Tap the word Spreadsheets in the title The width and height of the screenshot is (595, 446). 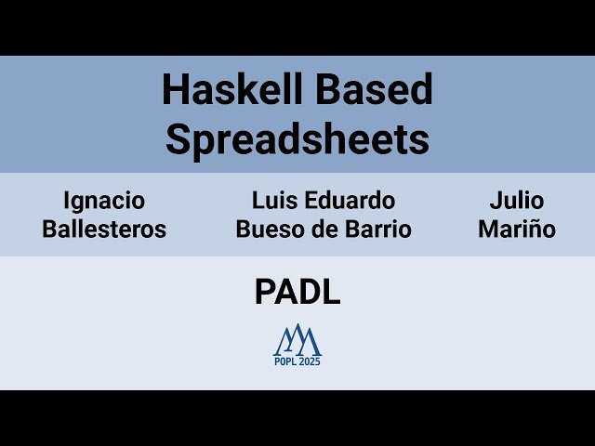coord(297,139)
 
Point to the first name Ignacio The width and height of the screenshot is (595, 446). coord(104,201)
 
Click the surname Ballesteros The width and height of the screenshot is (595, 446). coord(104,230)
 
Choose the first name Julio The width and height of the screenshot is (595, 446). coord(517,201)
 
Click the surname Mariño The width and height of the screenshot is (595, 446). coord(517,230)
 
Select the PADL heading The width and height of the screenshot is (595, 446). coord(297,292)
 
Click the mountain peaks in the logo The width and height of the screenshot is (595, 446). coord(297,341)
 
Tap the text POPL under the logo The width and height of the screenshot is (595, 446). coord(286,362)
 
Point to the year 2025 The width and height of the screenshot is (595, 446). coord(311,362)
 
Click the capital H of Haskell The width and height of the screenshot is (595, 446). coord(174,90)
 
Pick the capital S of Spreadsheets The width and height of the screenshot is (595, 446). coord(177,139)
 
